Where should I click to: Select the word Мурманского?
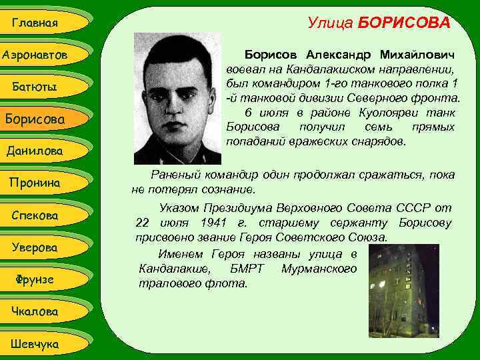pyautogui.click(x=319, y=269)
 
